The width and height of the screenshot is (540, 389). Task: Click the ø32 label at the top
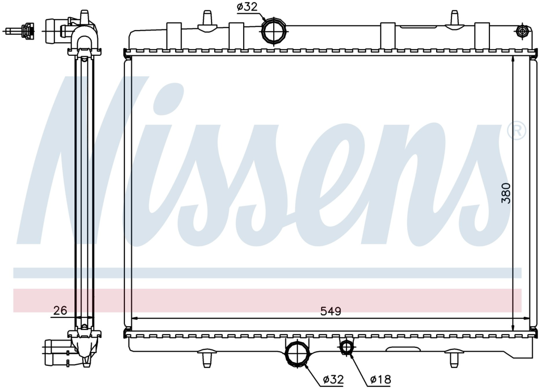coord(247,7)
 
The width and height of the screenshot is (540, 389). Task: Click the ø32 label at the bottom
coord(333,380)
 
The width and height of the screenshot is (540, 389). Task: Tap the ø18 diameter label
coord(381,380)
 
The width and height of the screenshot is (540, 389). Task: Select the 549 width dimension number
coord(331,311)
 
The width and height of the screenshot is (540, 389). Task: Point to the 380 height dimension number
coord(506,193)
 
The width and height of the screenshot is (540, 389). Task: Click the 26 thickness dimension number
coord(60,310)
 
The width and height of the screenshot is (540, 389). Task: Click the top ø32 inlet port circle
coord(274,31)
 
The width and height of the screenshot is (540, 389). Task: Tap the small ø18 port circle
coord(346,347)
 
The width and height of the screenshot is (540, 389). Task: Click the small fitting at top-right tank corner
coord(523,31)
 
